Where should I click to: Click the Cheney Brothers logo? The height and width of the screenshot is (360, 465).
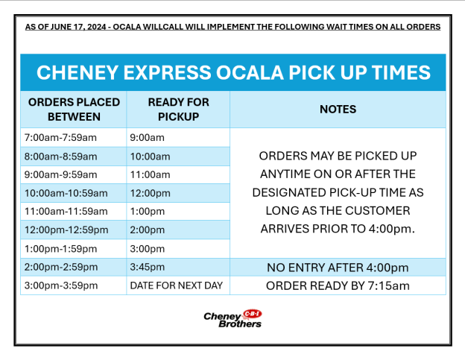[232, 319]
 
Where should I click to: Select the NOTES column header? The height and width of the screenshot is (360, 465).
[338, 110]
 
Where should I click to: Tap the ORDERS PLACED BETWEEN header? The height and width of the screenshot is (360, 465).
[73, 110]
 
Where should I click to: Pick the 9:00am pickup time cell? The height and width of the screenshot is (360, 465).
[148, 138]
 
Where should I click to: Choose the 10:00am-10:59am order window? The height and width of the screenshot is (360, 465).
[66, 193]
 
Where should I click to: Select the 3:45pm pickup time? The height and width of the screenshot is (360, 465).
[148, 267]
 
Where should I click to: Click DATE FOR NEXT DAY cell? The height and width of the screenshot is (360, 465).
[176, 285]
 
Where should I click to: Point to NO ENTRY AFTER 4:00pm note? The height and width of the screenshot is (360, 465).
[338, 268]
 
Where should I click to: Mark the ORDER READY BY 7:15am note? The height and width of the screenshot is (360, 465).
[338, 285]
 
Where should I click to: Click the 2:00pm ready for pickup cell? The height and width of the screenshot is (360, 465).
[148, 230]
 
